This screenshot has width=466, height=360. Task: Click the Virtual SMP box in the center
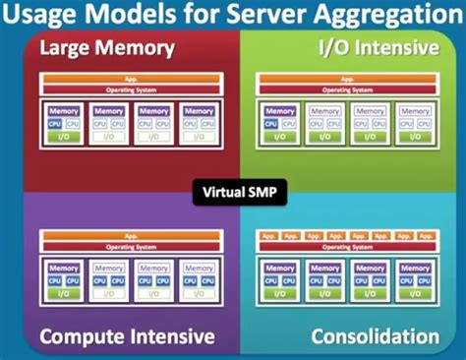click(x=232, y=192)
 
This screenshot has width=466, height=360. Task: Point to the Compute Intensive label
click(x=127, y=337)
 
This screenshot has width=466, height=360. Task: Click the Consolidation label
click(x=375, y=337)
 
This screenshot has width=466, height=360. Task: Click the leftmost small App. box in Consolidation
click(x=265, y=237)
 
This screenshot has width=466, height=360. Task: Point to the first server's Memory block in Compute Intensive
click(x=63, y=268)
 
